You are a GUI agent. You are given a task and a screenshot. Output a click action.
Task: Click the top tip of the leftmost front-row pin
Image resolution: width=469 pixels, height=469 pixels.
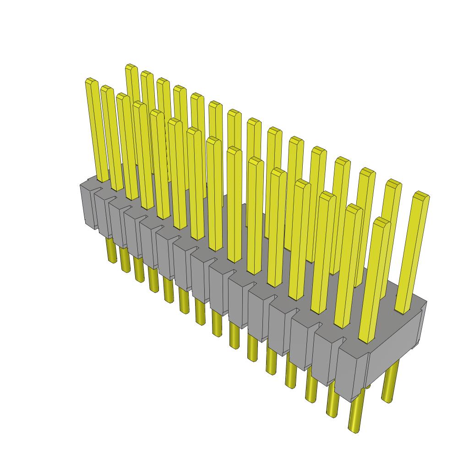pyautogui.click(x=92, y=82)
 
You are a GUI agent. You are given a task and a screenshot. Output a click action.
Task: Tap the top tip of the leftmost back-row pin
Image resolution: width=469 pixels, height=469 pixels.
pyautogui.click(x=132, y=67)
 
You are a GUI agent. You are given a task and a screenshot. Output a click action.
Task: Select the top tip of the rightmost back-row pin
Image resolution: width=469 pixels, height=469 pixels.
pyautogui.click(x=421, y=196)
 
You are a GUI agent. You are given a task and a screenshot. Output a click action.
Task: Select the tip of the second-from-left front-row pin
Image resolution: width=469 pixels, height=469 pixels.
pyautogui.click(x=107, y=89)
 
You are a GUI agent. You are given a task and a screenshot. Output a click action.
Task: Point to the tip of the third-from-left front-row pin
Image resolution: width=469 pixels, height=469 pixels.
pyautogui.click(x=123, y=97)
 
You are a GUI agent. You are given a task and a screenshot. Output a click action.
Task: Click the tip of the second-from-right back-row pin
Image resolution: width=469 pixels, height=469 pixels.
pyautogui.click(x=393, y=183)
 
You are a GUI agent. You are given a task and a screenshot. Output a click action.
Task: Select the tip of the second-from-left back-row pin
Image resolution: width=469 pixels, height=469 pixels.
pyautogui.click(x=147, y=74)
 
